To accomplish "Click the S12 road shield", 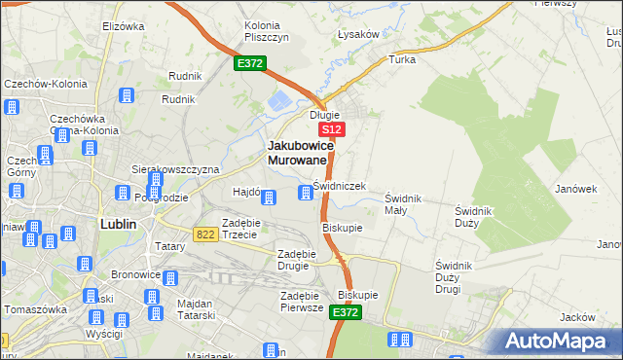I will coord(331,129).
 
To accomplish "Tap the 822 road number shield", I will coord(204,234).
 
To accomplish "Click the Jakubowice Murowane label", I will coord(301,152).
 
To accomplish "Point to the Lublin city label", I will coord(118,224).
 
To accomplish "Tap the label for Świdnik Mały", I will coord(402,203).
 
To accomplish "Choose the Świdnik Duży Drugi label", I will coord(460,276).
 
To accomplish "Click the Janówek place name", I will coord(575,189).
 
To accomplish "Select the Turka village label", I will coord(402,59).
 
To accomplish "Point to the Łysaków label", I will coord(357,34).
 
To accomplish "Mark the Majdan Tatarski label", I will coord(202,309).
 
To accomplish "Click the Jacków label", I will coord(577,317).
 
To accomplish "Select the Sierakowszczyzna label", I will coord(176,168).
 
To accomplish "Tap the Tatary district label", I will coord(169,247).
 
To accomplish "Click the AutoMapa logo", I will coord(559,342).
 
